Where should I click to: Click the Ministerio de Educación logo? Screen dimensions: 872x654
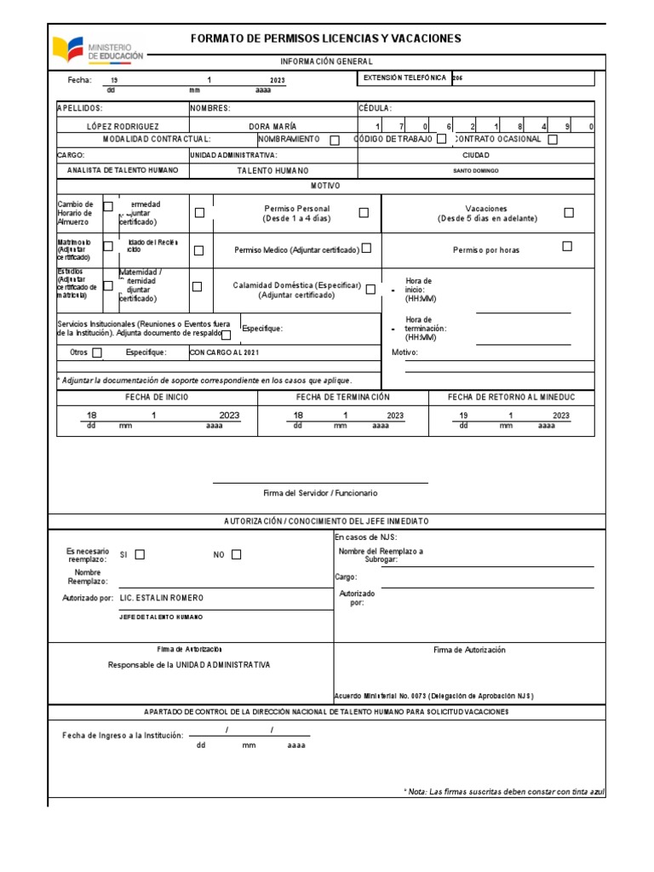click(x=98, y=48)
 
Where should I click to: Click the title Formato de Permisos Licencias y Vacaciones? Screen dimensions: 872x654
click(x=326, y=38)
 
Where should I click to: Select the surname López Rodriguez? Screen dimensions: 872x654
click(x=123, y=125)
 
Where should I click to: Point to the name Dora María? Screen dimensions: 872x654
click(x=272, y=125)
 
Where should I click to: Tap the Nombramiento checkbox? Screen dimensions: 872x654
click(x=335, y=141)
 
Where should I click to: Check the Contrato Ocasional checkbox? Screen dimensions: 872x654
click(x=553, y=140)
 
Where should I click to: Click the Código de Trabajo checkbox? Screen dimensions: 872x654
click(x=441, y=140)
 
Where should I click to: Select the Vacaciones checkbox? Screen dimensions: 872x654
click(x=569, y=213)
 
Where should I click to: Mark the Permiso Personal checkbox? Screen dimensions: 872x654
click(x=364, y=213)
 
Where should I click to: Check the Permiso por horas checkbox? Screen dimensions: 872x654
click(x=567, y=247)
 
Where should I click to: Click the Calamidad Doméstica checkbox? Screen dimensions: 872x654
click(x=370, y=290)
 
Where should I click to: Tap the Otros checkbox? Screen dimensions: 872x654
click(x=97, y=353)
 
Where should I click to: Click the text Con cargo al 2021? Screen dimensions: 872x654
click(x=224, y=353)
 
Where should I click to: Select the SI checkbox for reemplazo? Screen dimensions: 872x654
click(x=140, y=554)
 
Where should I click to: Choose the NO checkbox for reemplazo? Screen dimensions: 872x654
click(x=237, y=554)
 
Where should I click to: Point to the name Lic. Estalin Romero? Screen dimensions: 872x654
click(x=162, y=598)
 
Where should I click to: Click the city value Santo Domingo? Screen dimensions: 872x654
click(x=476, y=170)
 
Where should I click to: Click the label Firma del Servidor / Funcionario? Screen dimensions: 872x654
click(x=320, y=493)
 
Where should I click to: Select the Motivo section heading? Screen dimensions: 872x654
click(x=326, y=185)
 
